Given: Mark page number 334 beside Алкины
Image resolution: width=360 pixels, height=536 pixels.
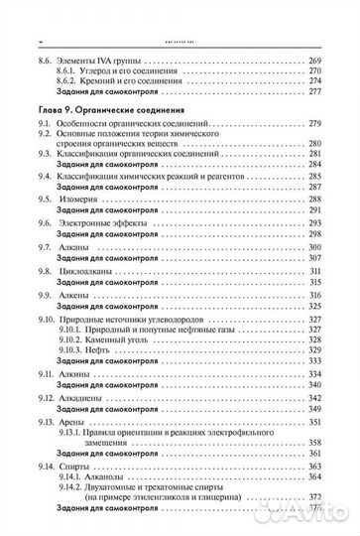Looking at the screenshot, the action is [315, 372].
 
